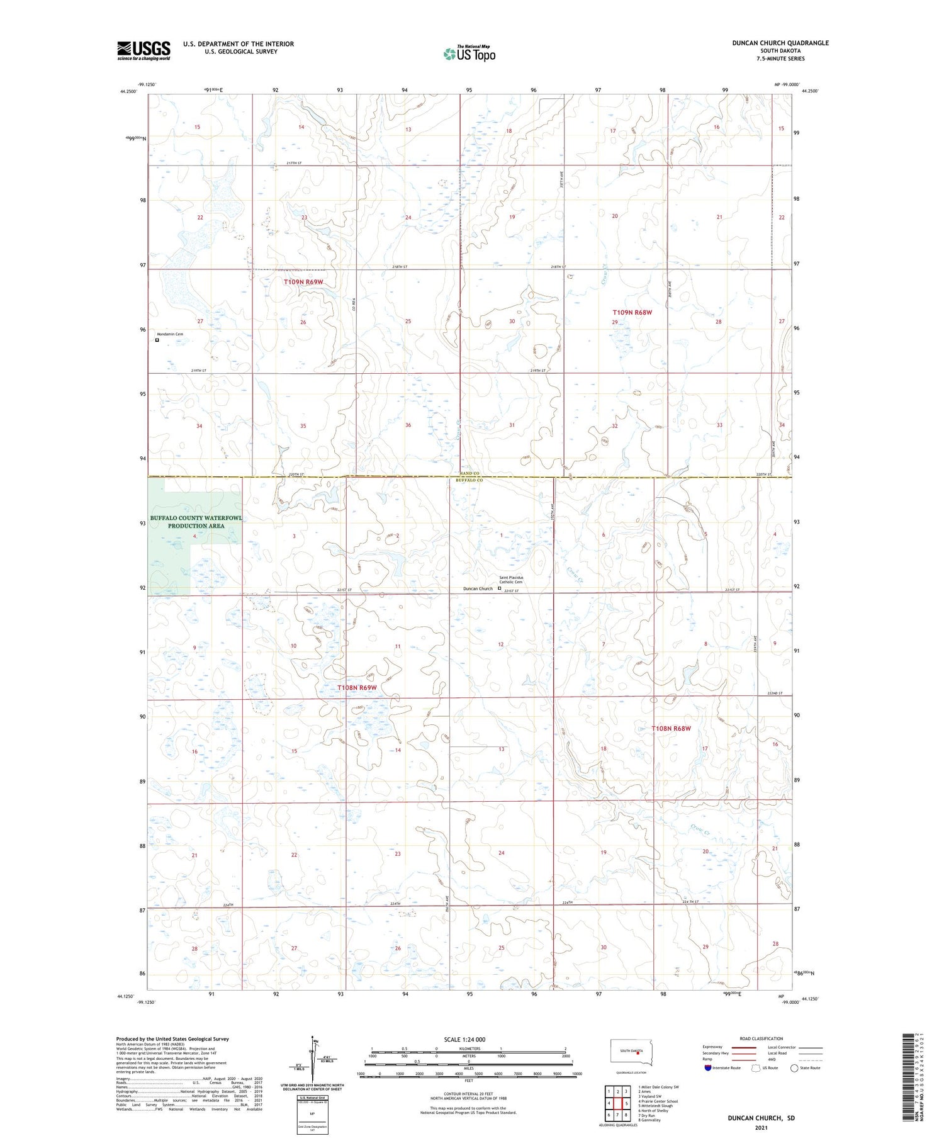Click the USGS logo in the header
pos(143,50)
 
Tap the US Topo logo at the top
pos(469,53)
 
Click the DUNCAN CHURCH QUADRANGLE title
pos(780,43)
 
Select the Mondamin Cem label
pos(170,334)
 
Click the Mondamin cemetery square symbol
pos(157,340)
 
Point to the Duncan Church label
pos(478,589)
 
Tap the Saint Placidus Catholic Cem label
pos(510,580)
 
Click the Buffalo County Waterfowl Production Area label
pos(195,522)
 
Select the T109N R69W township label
pos(303,282)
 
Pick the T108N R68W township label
pos(671,728)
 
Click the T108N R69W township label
pos(357,688)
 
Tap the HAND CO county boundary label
pos(469,473)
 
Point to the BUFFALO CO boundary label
pos(469,480)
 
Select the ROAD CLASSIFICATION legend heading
pos(761,1038)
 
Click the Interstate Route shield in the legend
pos(708,1068)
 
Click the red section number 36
pos(408,425)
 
